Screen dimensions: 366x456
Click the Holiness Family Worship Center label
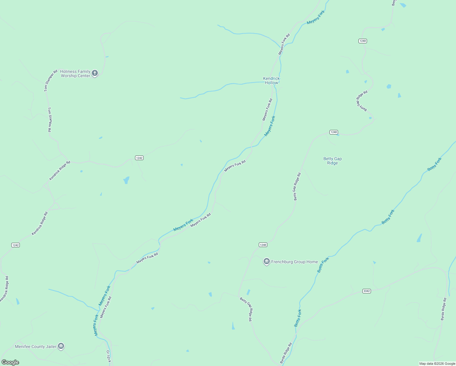tap(75, 74)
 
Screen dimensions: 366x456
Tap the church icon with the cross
tap(95, 73)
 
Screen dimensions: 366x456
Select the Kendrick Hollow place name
tap(271, 81)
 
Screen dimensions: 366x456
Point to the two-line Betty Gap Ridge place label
tap(332, 161)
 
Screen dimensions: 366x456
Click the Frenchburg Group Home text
tap(294, 262)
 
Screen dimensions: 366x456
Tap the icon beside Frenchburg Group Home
tap(267, 261)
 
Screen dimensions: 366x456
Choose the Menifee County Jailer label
tap(36, 346)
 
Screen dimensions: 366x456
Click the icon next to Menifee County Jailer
tap(61, 346)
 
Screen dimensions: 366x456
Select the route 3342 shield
tap(366, 291)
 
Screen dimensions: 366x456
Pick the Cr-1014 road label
tap(108, 356)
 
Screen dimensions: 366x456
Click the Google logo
tap(10, 362)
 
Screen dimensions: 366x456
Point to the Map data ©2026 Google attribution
tap(437, 364)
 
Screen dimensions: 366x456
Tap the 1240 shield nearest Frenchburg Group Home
tap(263, 245)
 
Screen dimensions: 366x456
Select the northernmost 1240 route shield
tap(362, 41)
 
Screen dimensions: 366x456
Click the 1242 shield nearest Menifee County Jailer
tap(15, 245)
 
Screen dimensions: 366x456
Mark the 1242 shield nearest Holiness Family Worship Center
tap(139, 158)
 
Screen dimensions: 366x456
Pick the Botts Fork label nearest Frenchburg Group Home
tap(323, 265)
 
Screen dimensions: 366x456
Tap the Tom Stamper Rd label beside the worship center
tap(51, 81)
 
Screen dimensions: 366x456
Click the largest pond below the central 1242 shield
tap(126, 180)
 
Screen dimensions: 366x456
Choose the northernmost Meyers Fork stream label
tap(316, 17)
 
